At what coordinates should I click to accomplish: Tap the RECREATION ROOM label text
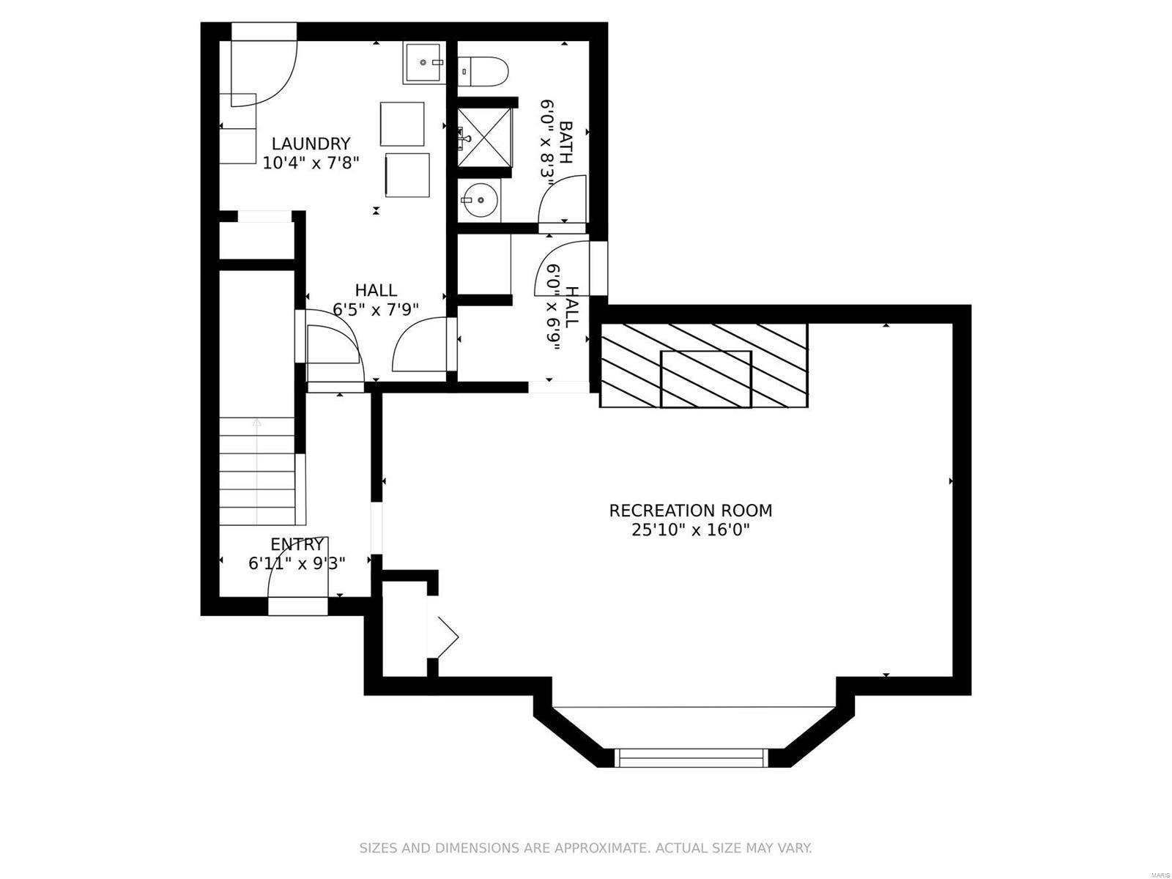point(691,511)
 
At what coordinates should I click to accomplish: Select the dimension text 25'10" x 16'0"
point(691,530)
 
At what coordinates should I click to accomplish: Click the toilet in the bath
point(485,71)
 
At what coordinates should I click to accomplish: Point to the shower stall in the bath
point(484,137)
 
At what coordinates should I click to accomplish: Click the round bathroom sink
point(480,199)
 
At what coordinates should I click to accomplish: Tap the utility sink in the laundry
point(423,63)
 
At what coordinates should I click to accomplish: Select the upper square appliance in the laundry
point(402,124)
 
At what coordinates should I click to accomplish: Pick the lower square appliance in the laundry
point(407,174)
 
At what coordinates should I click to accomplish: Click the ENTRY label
point(297,544)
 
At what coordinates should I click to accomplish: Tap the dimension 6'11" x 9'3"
point(297,563)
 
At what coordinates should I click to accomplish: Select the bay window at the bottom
point(689,757)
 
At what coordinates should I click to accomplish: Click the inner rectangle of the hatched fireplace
point(705,379)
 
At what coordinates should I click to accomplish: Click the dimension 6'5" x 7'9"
point(376,309)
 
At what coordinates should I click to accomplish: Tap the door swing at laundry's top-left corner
point(264,66)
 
